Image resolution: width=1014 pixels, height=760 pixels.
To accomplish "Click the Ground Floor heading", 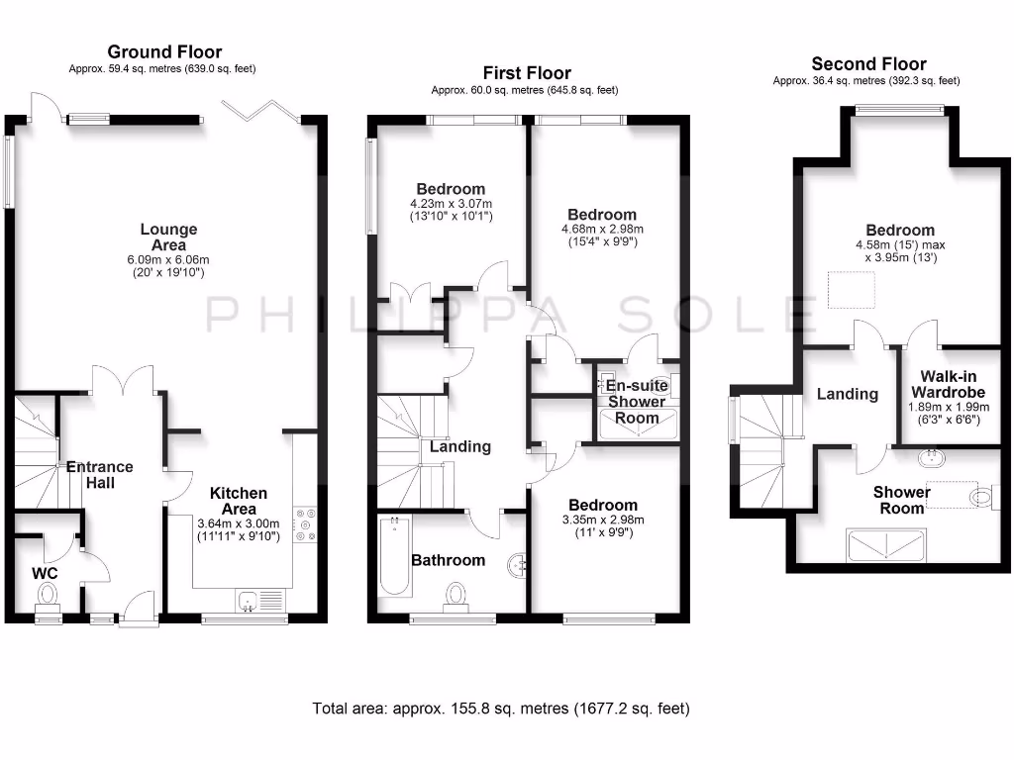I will coord(164,51).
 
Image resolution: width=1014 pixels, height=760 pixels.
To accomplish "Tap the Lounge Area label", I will coord(168,237).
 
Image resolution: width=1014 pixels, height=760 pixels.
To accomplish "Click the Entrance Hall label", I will coord(99,475).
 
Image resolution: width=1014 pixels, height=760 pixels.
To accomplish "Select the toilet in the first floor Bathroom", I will coord(456,595).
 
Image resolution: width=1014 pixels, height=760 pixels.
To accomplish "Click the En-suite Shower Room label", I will coord(637,401).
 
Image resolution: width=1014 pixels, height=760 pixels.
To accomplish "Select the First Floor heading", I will coord(526,72).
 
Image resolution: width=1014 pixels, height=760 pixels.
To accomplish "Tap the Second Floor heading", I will coord(868,64).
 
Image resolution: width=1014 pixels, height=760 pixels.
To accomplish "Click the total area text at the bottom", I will coord(501,709).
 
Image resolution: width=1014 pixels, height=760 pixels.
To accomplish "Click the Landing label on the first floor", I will coord(459,446).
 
